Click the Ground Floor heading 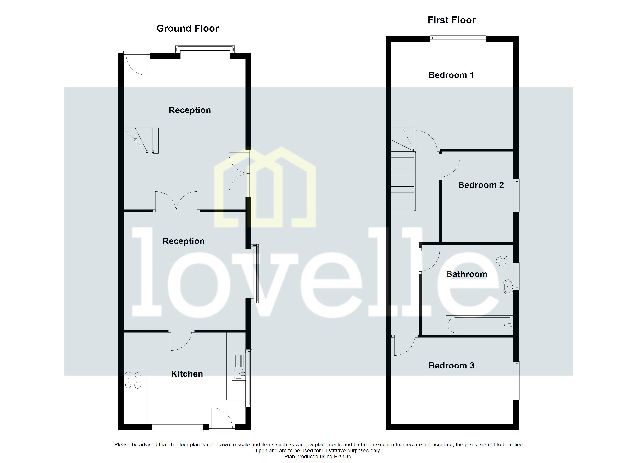[x=187, y=28]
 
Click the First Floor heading [x=451, y=20]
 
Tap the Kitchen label [x=187, y=374]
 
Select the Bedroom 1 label [x=451, y=75]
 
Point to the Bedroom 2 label [x=481, y=185]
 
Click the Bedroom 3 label [x=451, y=366]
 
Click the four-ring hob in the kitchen [x=133, y=380]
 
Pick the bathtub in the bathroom [x=479, y=325]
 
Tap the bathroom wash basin [x=508, y=287]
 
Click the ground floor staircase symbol [x=141, y=140]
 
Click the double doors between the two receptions [x=176, y=202]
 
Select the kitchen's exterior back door [x=222, y=420]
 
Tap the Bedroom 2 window [x=516, y=195]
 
